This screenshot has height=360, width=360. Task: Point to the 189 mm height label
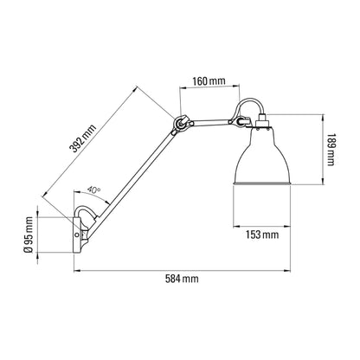click(331, 157)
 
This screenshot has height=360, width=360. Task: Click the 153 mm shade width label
click(262, 234)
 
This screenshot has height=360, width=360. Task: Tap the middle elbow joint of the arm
click(182, 126)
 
